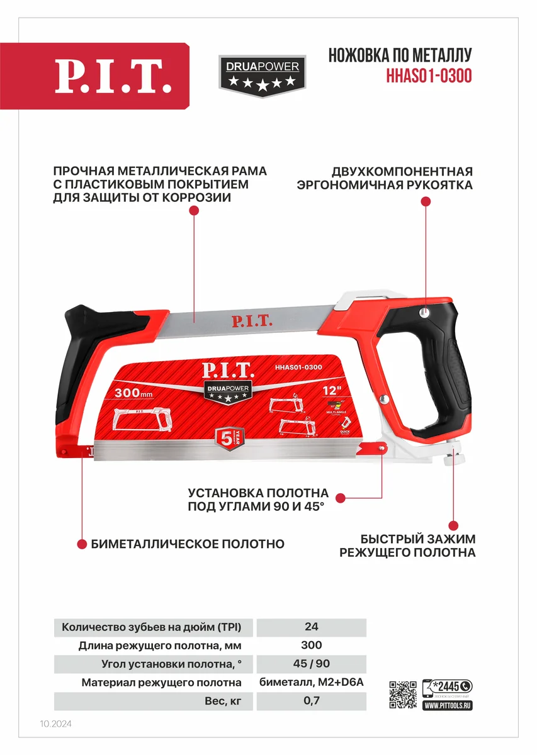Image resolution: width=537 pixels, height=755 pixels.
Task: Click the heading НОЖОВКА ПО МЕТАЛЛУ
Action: (400, 55)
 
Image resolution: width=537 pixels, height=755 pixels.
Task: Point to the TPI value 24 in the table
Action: (311, 627)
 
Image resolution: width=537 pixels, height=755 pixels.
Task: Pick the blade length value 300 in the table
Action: (311, 646)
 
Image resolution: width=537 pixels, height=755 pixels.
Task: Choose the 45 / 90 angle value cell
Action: (311, 664)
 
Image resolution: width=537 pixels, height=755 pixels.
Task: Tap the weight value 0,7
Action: (311, 701)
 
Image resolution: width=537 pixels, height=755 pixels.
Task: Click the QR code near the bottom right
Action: (403, 695)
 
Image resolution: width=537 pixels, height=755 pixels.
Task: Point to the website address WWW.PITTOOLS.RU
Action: (448, 706)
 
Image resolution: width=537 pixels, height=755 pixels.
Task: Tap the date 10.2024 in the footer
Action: (55, 724)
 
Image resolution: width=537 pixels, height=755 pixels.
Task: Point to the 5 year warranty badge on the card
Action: (229, 437)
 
